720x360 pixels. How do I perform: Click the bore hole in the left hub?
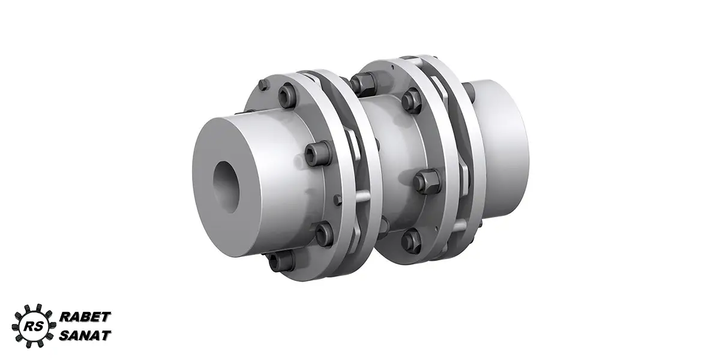point(226,187)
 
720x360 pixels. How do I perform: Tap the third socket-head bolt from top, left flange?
point(323,234)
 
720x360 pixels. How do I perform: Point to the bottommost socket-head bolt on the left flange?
point(281,262)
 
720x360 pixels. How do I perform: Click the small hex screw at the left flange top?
point(263,85)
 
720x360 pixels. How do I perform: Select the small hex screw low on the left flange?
point(338,200)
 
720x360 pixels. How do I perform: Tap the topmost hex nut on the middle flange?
point(364,82)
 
